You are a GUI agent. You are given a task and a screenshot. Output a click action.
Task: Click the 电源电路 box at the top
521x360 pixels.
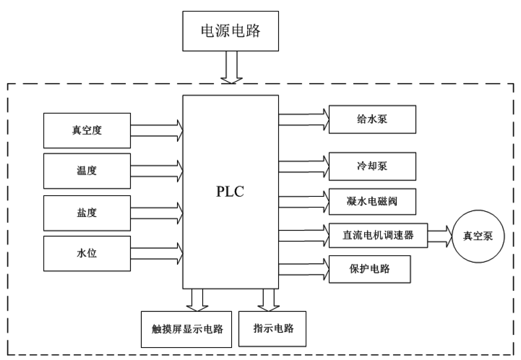coord(230,31)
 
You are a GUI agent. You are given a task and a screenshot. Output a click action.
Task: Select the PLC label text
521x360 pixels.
coord(230,191)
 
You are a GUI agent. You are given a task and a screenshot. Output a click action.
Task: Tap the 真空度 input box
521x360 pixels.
coord(87,131)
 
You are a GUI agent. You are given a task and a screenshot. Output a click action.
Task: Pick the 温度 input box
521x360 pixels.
coord(87,171)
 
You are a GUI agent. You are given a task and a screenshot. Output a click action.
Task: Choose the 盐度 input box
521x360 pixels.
coord(87,213)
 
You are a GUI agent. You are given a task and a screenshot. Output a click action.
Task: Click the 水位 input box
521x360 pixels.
coord(87,253)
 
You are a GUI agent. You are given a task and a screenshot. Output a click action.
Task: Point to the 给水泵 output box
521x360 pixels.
coord(372,119)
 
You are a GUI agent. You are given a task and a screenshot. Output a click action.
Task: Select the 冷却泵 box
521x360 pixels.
coord(372,166)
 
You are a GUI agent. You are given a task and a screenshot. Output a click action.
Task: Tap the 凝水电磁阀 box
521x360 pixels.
coord(372,202)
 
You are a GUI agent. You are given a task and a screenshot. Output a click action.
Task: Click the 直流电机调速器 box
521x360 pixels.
coord(378,235)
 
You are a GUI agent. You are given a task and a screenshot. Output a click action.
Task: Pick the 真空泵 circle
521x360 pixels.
coord(478,236)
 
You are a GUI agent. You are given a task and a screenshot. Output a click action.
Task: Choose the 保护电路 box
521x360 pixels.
coord(370,269)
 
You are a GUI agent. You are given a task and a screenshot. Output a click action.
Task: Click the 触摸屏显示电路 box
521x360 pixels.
coord(186,329)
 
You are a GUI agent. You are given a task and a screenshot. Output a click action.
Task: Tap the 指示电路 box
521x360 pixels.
coord(272,329)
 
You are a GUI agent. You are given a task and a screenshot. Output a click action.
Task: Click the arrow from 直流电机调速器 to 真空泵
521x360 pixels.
coord(440,236)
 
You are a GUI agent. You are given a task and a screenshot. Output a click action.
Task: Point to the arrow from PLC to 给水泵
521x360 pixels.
coord(304,119)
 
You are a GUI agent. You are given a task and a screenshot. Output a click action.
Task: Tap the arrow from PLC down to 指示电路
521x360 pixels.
coord(268,300)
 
